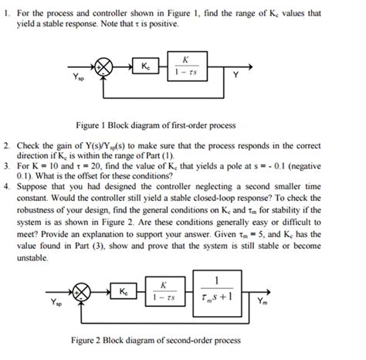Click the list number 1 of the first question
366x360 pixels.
pos(8,15)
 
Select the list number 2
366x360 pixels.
pos(8,144)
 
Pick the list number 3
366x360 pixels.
pos(8,165)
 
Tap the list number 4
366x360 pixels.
pos(8,186)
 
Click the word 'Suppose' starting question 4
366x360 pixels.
pos(36,186)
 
